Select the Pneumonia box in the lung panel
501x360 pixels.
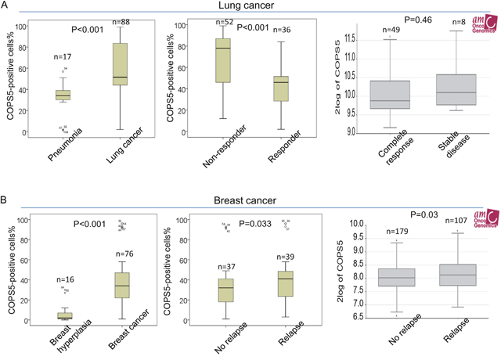63,95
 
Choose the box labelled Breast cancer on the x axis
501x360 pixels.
121,285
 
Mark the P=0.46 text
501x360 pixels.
423,18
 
